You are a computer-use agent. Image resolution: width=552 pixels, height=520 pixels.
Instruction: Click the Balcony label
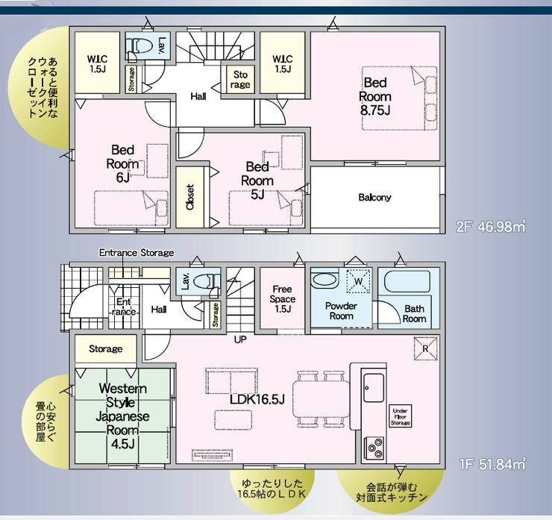tap(375, 198)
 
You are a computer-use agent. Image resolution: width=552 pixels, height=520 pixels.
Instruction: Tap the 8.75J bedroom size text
tap(375, 110)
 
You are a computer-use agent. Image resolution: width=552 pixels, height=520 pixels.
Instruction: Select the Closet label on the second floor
tap(190, 197)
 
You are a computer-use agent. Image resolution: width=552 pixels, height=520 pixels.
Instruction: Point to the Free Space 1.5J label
tap(282, 299)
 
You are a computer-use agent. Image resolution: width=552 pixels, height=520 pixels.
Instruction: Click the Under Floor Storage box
tap(401, 416)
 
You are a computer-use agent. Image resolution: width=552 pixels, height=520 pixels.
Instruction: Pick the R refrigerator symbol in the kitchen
tap(426, 348)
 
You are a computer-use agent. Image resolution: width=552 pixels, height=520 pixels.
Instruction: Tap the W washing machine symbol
tap(358, 281)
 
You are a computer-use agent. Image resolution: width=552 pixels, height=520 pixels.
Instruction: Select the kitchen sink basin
tap(374, 388)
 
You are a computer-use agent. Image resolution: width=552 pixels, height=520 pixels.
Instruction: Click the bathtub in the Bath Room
tap(407, 281)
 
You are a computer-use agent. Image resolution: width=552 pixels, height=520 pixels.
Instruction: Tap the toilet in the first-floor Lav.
tap(204, 281)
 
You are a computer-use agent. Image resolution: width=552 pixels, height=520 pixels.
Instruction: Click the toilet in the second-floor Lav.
tap(142, 45)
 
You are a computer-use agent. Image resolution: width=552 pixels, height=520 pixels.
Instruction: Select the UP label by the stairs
tap(240, 339)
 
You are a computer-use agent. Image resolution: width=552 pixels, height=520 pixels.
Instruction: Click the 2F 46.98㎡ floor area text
tap(490, 226)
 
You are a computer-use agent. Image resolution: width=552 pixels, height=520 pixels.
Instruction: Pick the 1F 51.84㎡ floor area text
tap(492, 464)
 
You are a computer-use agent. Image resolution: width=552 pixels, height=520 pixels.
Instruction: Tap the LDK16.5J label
tap(257, 399)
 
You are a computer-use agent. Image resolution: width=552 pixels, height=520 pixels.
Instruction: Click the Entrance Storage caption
tap(137, 253)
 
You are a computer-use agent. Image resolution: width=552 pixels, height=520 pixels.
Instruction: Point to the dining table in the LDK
tap(321, 399)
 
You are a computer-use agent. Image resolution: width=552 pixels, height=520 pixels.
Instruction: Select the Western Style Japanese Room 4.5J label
tap(122, 416)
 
